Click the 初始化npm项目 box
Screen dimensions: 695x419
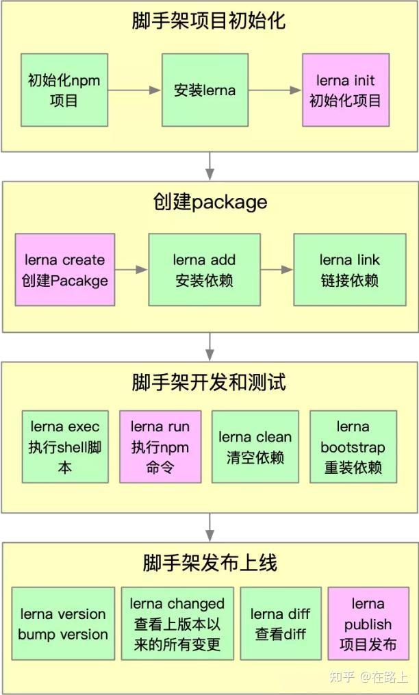(64, 90)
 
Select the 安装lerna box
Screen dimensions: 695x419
(204, 90)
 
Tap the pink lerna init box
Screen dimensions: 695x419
(346, 90)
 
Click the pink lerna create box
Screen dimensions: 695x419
(65, 270)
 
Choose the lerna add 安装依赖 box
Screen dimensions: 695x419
(204, 270)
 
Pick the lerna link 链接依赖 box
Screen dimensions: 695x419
(349, 270)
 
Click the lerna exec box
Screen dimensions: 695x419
(65, 447)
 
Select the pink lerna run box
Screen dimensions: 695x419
(160, 447)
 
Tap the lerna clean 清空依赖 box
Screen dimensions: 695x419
(255, 447)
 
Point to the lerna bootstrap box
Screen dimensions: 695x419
(353, 447)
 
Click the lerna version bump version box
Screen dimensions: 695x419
(63, 624)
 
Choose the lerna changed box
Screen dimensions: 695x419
(177, 624)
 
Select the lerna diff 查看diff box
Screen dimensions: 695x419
(281, 624)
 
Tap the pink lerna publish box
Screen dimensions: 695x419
(368, 624)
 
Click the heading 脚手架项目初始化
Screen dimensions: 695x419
(209, 21)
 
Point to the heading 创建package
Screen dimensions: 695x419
(209, 202)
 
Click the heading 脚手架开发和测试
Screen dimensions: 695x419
(209, 382)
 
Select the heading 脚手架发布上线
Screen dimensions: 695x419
(209, 563)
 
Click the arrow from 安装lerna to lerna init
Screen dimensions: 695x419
(274, 90)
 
